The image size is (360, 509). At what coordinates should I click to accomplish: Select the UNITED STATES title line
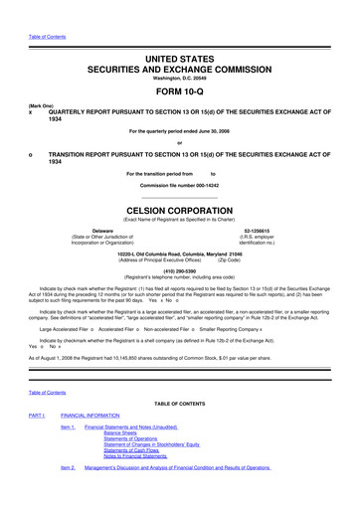(179, 34)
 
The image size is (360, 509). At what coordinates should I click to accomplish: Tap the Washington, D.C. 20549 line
(179, 60)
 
